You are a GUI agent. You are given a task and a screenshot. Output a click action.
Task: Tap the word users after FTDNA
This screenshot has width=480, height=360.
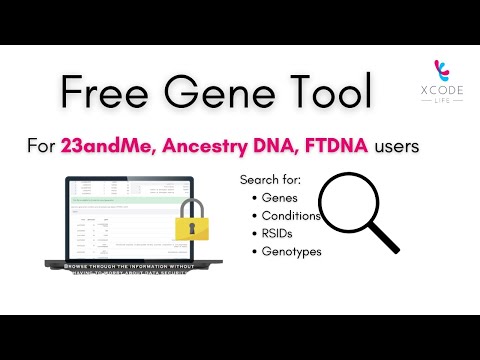pos(397,146)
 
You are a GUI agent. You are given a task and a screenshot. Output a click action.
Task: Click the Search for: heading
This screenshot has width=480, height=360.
pos(269,180)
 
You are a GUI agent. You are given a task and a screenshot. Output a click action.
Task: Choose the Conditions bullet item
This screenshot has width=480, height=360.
pos(290,215)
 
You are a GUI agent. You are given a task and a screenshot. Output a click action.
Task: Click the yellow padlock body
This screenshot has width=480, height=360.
pos(191,228)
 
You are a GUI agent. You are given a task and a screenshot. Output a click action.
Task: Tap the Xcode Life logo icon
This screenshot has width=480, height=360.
pos(440,72)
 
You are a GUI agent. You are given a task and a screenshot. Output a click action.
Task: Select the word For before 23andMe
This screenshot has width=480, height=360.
pos(41,146)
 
